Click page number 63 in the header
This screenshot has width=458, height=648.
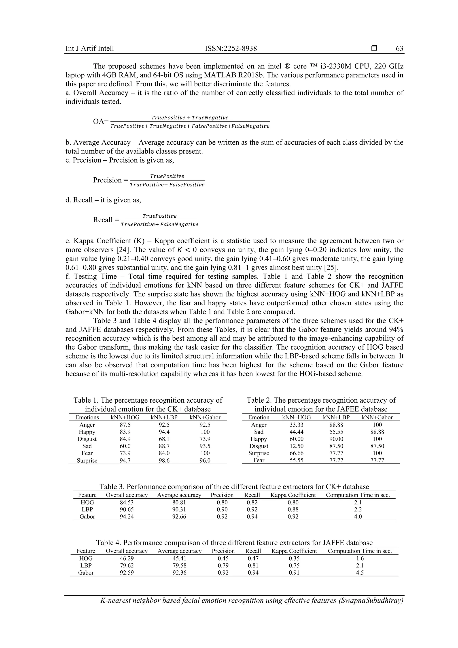click(399, 49)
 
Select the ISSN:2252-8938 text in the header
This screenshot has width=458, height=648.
click(231, 49)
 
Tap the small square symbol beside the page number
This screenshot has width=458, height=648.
click(374, 49)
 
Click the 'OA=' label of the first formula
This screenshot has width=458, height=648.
click(101, 122)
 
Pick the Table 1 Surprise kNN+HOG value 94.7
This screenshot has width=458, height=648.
click(125, 461)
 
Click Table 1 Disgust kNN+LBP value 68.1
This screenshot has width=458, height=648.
click(164, 439)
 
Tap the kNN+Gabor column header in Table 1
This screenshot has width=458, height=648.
click(205, 417)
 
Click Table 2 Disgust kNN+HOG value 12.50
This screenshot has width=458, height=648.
click(296, 446)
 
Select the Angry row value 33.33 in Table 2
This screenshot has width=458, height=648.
click(296, 425)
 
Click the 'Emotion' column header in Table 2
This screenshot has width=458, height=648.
click(259, 417)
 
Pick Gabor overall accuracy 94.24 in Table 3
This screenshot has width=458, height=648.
click(127, 517)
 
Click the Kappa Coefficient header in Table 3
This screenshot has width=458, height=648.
click(293, 495)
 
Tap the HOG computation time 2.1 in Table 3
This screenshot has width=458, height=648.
click(358, 502)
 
